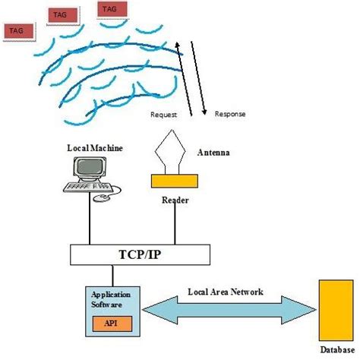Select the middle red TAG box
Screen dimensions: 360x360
(x=62, y=14)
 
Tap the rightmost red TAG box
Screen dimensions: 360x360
(x=112, y=9)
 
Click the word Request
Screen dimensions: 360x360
(x=163, y=115)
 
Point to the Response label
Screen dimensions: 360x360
(x=230, y=115)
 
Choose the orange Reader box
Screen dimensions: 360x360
(x=175, y=182)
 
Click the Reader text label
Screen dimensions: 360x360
(x=175, y=201)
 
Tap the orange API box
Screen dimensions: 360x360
(x=112, y=323)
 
